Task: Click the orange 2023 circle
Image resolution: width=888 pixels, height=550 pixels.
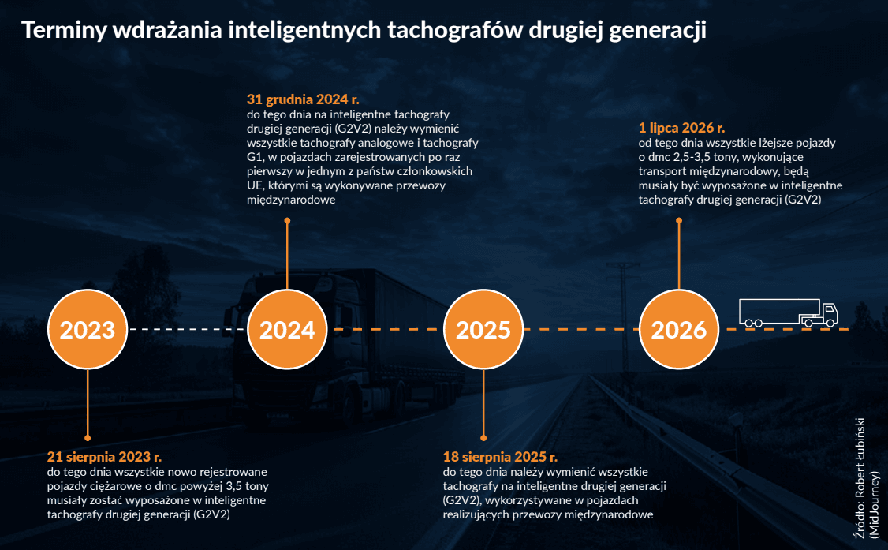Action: (x=88, y=329)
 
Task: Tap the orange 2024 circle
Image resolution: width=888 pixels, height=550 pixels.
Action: (x=287, y=329)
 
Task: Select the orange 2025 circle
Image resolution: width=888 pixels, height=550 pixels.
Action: (x=483, y=329)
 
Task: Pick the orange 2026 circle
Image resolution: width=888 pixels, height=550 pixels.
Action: (x=678, y=329)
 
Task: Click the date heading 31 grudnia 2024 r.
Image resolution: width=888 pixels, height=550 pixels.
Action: (x=303, y=99)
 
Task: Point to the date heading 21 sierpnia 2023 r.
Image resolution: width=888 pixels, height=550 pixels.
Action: (x=104, y=457)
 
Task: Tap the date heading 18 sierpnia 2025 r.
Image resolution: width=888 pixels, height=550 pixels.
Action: (x=500, y=457)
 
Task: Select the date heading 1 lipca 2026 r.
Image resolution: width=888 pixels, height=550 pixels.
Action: (x=681, y=128)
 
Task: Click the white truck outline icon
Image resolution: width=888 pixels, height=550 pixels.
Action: (x=789, y=313)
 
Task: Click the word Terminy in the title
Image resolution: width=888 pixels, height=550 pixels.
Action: (x=64, y=31)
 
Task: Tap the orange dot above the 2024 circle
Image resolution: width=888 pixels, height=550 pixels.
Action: (x=287, y=220)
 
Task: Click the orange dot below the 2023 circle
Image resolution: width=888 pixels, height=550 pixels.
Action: (x=88, y=438)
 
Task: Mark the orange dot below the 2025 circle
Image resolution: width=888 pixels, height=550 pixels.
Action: (x=483, y=438)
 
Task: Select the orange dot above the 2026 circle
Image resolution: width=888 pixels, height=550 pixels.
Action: (x=678, y=220)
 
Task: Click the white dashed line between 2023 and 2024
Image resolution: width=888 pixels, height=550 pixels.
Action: (x=188, y=329)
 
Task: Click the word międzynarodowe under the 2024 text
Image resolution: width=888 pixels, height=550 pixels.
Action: (x=291, y=200)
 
